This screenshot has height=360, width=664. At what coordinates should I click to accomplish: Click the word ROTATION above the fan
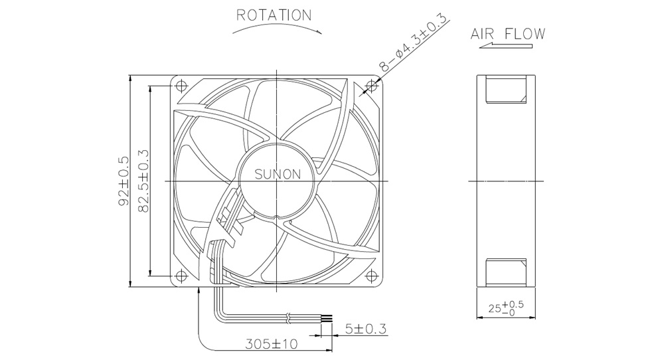(x=274, y=15)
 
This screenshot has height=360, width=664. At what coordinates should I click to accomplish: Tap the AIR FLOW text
(x=508, y=34)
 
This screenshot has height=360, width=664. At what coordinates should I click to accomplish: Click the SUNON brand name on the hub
(x=278, y=174)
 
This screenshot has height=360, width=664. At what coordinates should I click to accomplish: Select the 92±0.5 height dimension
(x=124, y=181)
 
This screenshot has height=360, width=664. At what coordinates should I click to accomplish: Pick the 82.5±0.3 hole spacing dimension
(x=143, y=181)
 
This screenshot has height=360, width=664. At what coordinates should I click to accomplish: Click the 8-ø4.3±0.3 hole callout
(x=413, y=43)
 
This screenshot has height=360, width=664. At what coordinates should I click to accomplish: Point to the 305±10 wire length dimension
(x=272, y=343)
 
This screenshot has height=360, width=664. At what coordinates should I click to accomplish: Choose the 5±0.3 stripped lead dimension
(x=365, y=329)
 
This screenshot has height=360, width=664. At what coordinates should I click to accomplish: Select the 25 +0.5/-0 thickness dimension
(x=505, y=308)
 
